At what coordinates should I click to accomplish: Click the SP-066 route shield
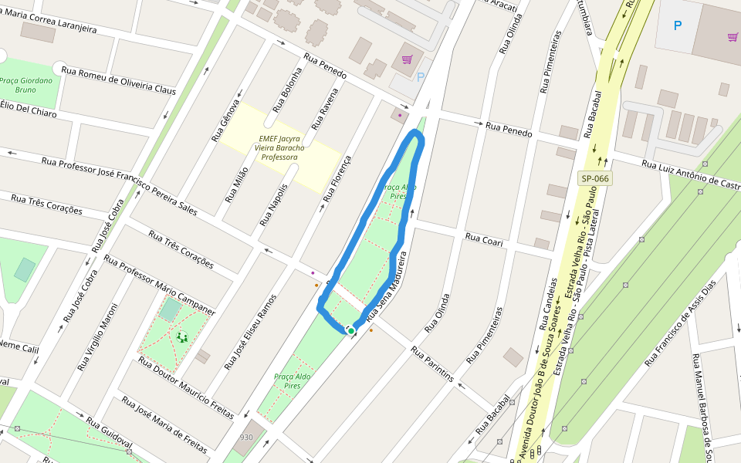[x=594, y=179]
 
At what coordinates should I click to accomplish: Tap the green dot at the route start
[x=351, y=331]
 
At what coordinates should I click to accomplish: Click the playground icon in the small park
[x=182, y=336]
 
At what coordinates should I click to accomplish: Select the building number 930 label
[x=246, y=438]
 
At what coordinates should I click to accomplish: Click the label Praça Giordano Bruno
[x=26, y=85]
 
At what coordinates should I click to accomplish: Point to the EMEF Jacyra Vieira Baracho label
[x=279, y=147]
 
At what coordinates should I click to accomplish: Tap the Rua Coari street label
[x=484, y=241]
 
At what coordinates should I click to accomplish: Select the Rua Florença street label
[x=337, y=178]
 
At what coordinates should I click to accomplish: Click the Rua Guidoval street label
[x=109, y=434]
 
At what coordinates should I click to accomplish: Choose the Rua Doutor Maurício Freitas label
[x=185, y=387]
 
